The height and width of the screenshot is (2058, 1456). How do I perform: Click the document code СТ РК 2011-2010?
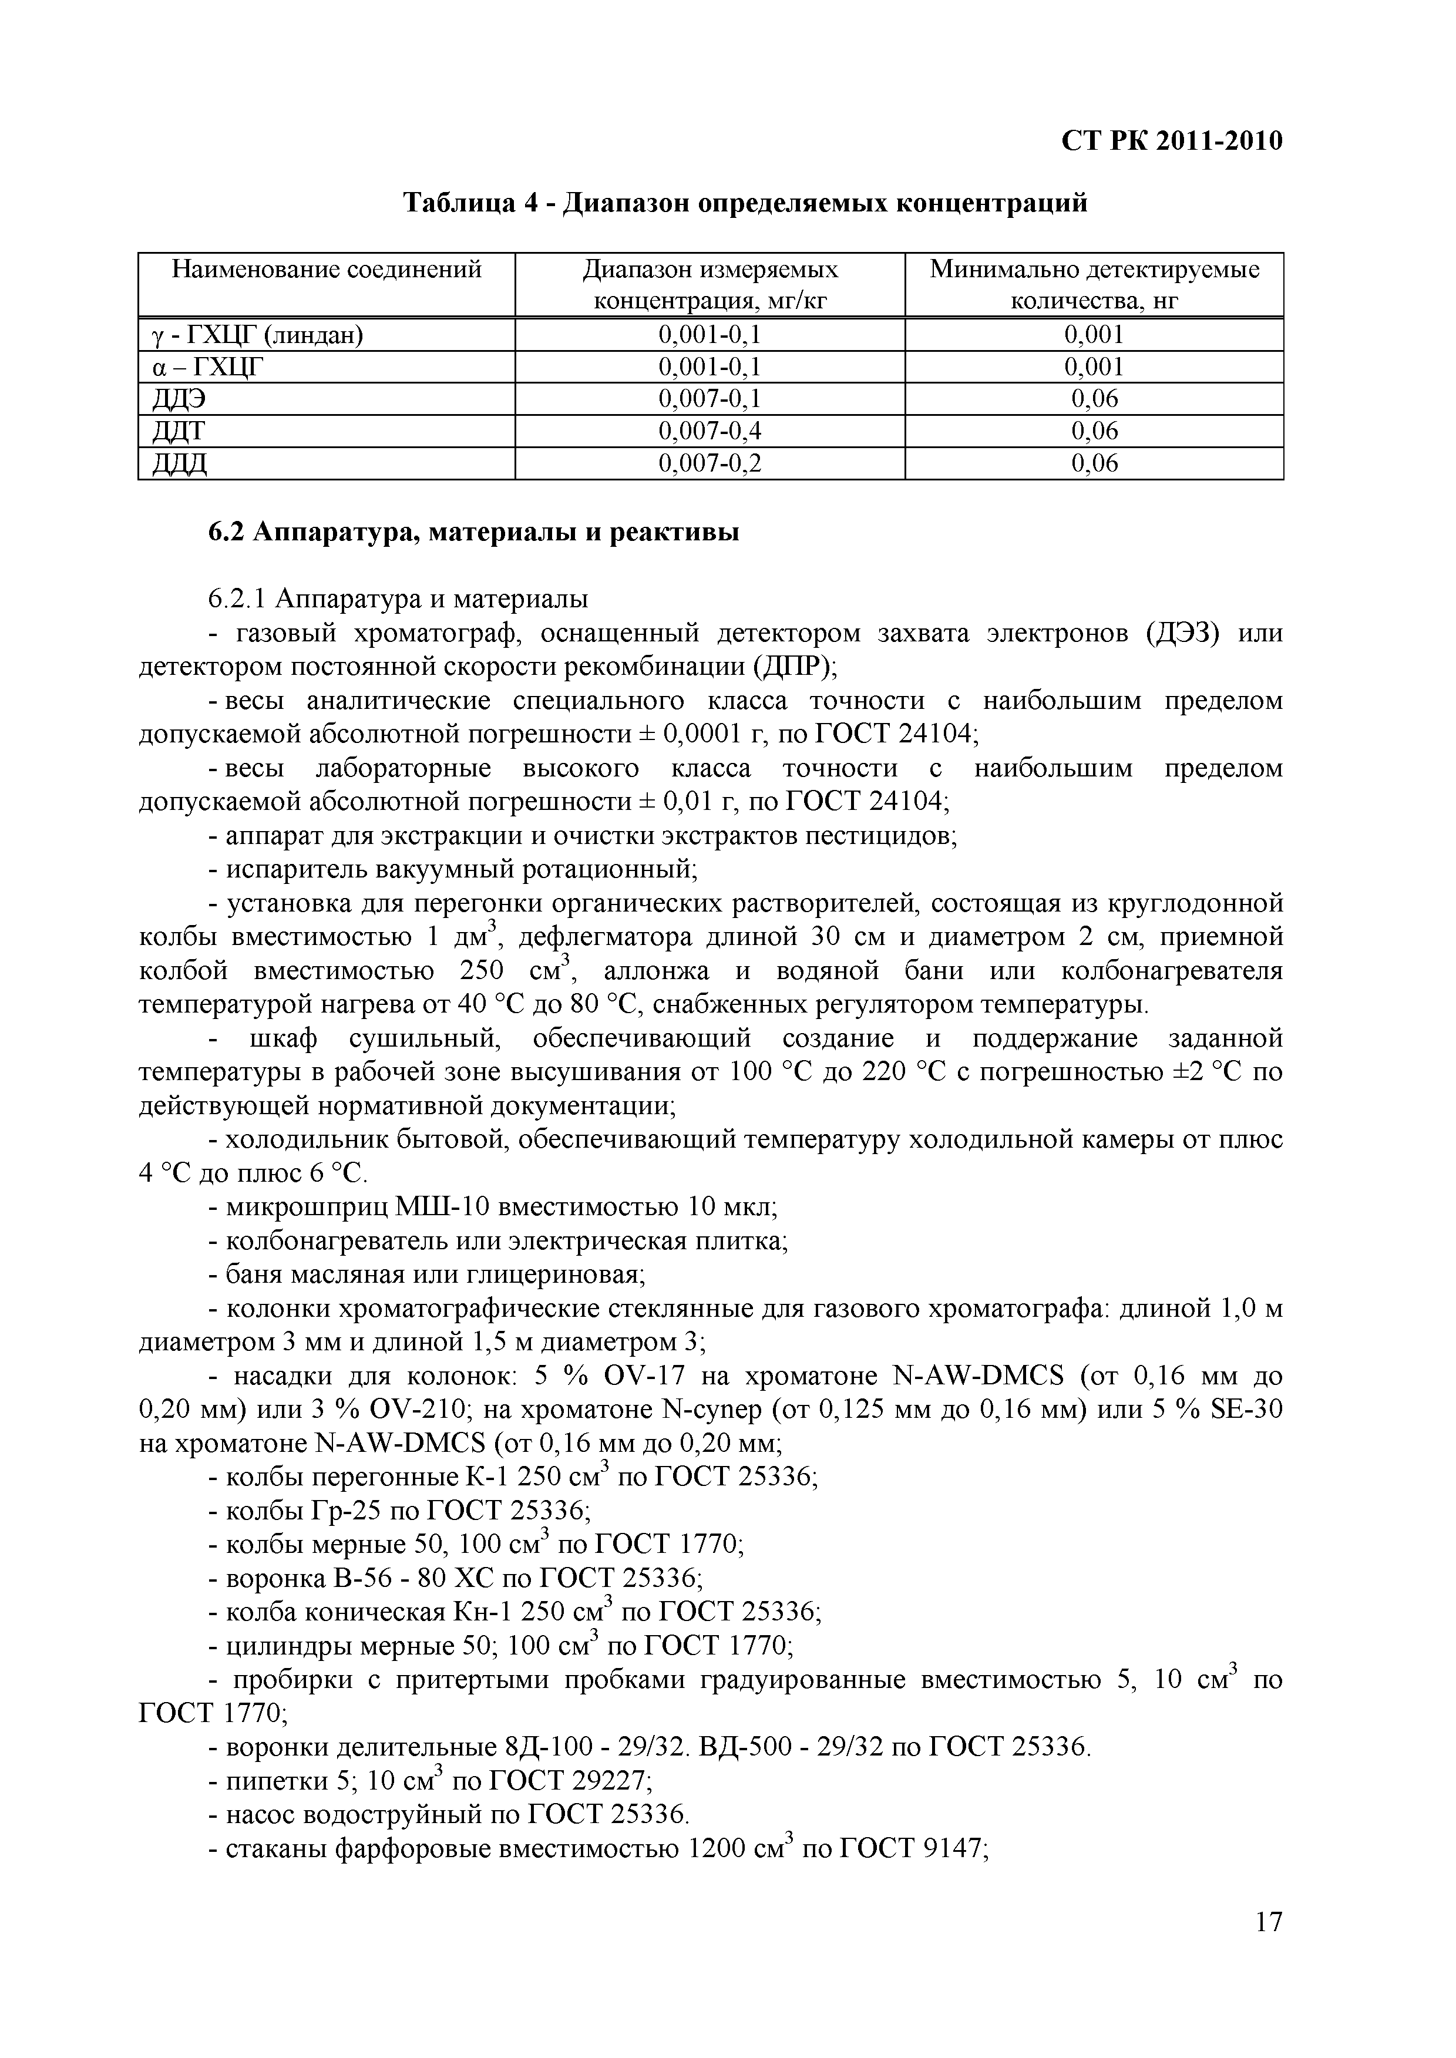point(1172,141)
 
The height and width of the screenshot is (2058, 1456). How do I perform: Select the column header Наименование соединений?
point(327,269)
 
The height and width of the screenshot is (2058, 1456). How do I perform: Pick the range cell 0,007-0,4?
point(709,431)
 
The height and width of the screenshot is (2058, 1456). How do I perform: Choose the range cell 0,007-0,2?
point(709,463)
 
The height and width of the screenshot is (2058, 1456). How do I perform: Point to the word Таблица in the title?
point(458,203)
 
